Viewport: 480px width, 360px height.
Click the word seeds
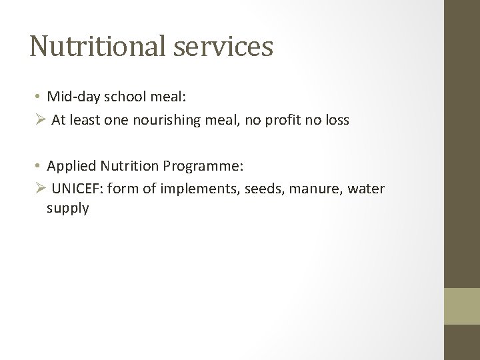coord(261,189)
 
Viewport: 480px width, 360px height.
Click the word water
coord(366,189)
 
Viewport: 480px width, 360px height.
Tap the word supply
coord(67,209)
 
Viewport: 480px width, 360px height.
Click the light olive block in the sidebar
coord(463,306)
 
